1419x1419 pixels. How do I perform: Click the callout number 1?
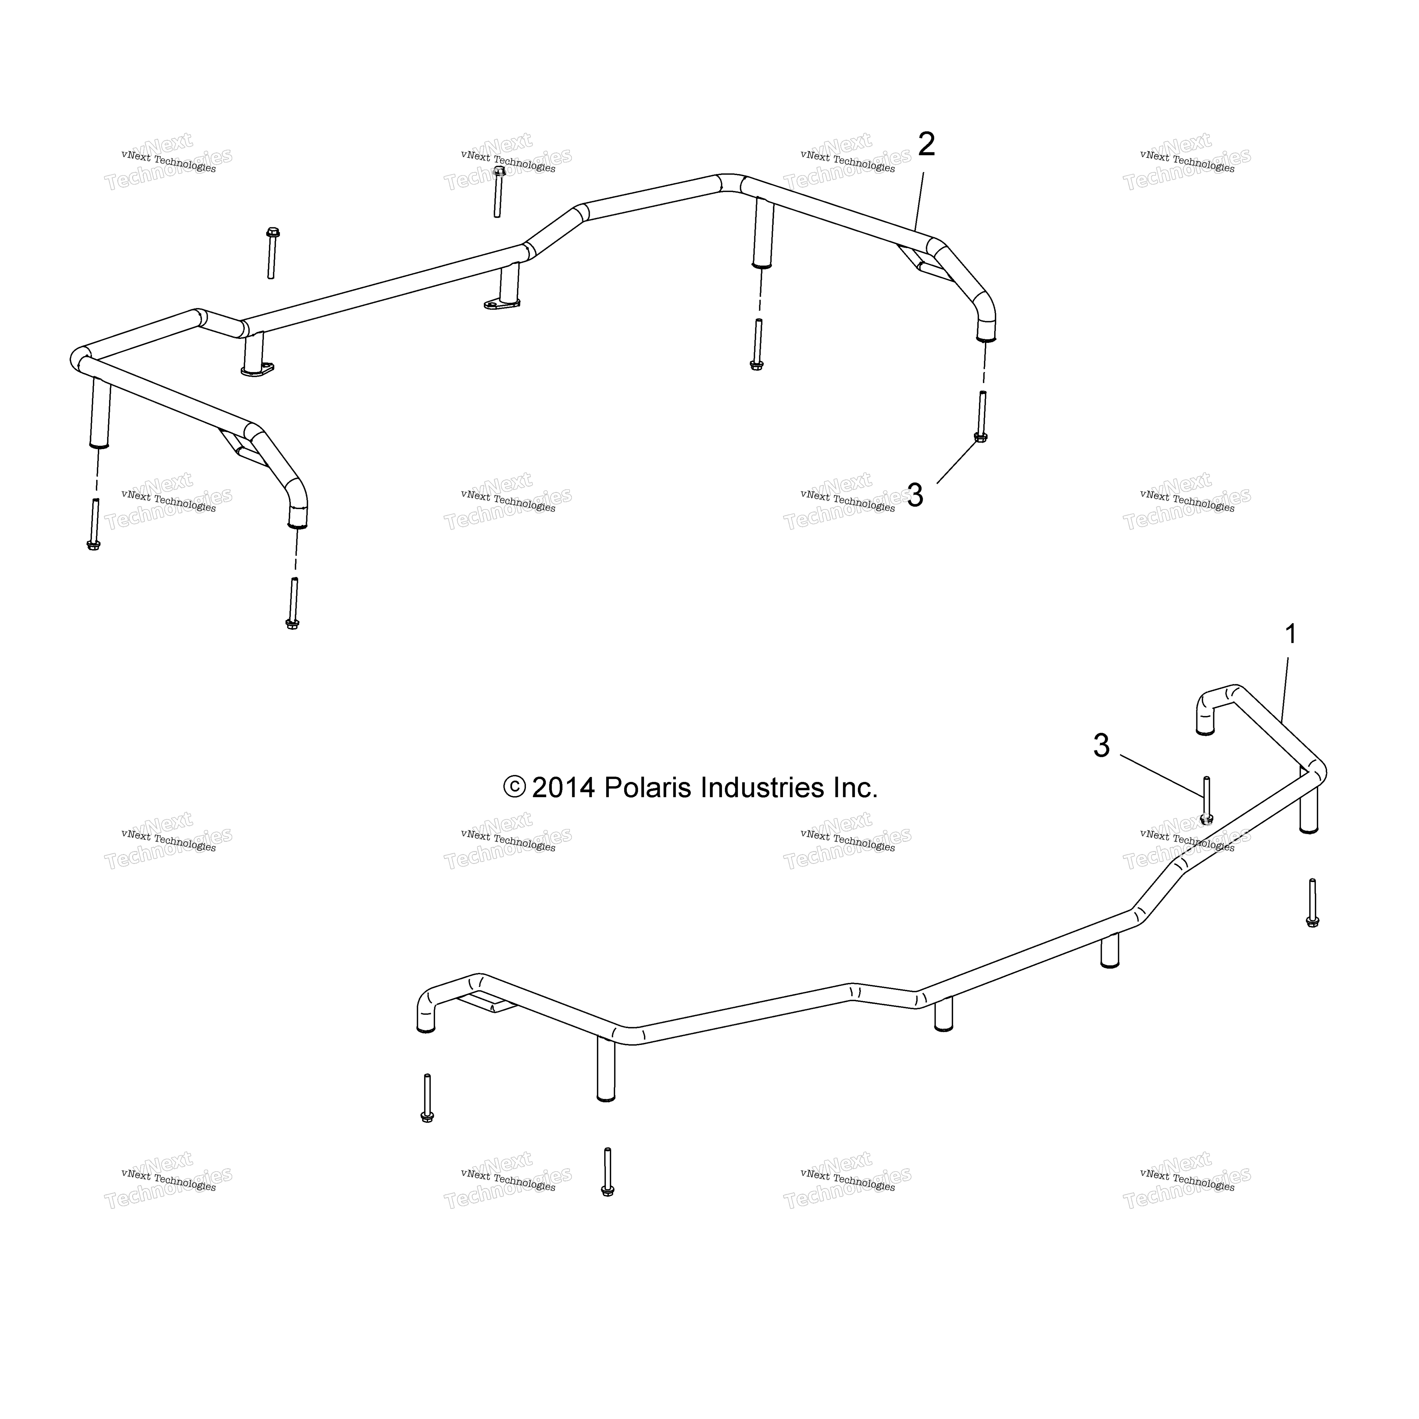(1290, 634)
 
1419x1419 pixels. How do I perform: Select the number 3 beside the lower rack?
(1101, 746)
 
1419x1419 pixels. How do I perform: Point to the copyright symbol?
(514, 787)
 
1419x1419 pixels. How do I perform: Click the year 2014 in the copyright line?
(563, 788)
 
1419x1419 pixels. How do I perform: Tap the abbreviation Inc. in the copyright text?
(856, 788)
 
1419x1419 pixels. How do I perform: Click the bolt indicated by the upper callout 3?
(981, 416)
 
